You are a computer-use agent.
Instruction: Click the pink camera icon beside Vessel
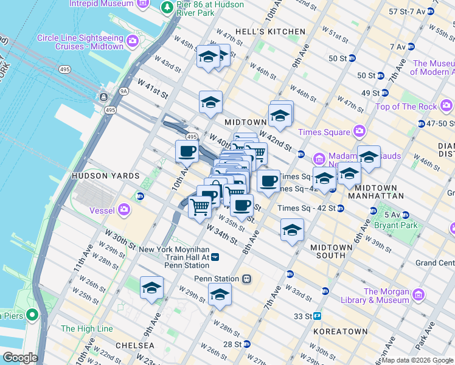[125, 210]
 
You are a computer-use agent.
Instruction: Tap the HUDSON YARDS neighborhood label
[98, 176]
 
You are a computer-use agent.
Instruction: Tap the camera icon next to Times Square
[359, 131]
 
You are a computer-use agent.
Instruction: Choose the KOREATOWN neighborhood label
[341, 332]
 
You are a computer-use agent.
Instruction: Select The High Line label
[87, 328]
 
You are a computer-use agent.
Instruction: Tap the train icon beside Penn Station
[246, 279]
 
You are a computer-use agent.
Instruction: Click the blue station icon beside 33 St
[318, 316]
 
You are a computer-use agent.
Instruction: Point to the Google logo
[20, 358]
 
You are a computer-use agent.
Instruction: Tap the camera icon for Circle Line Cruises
[133, 42]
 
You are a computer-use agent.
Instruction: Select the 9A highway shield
[123, 91]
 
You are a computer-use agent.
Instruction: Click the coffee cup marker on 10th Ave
[187, 151]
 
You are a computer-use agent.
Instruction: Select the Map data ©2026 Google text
[417, 360]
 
